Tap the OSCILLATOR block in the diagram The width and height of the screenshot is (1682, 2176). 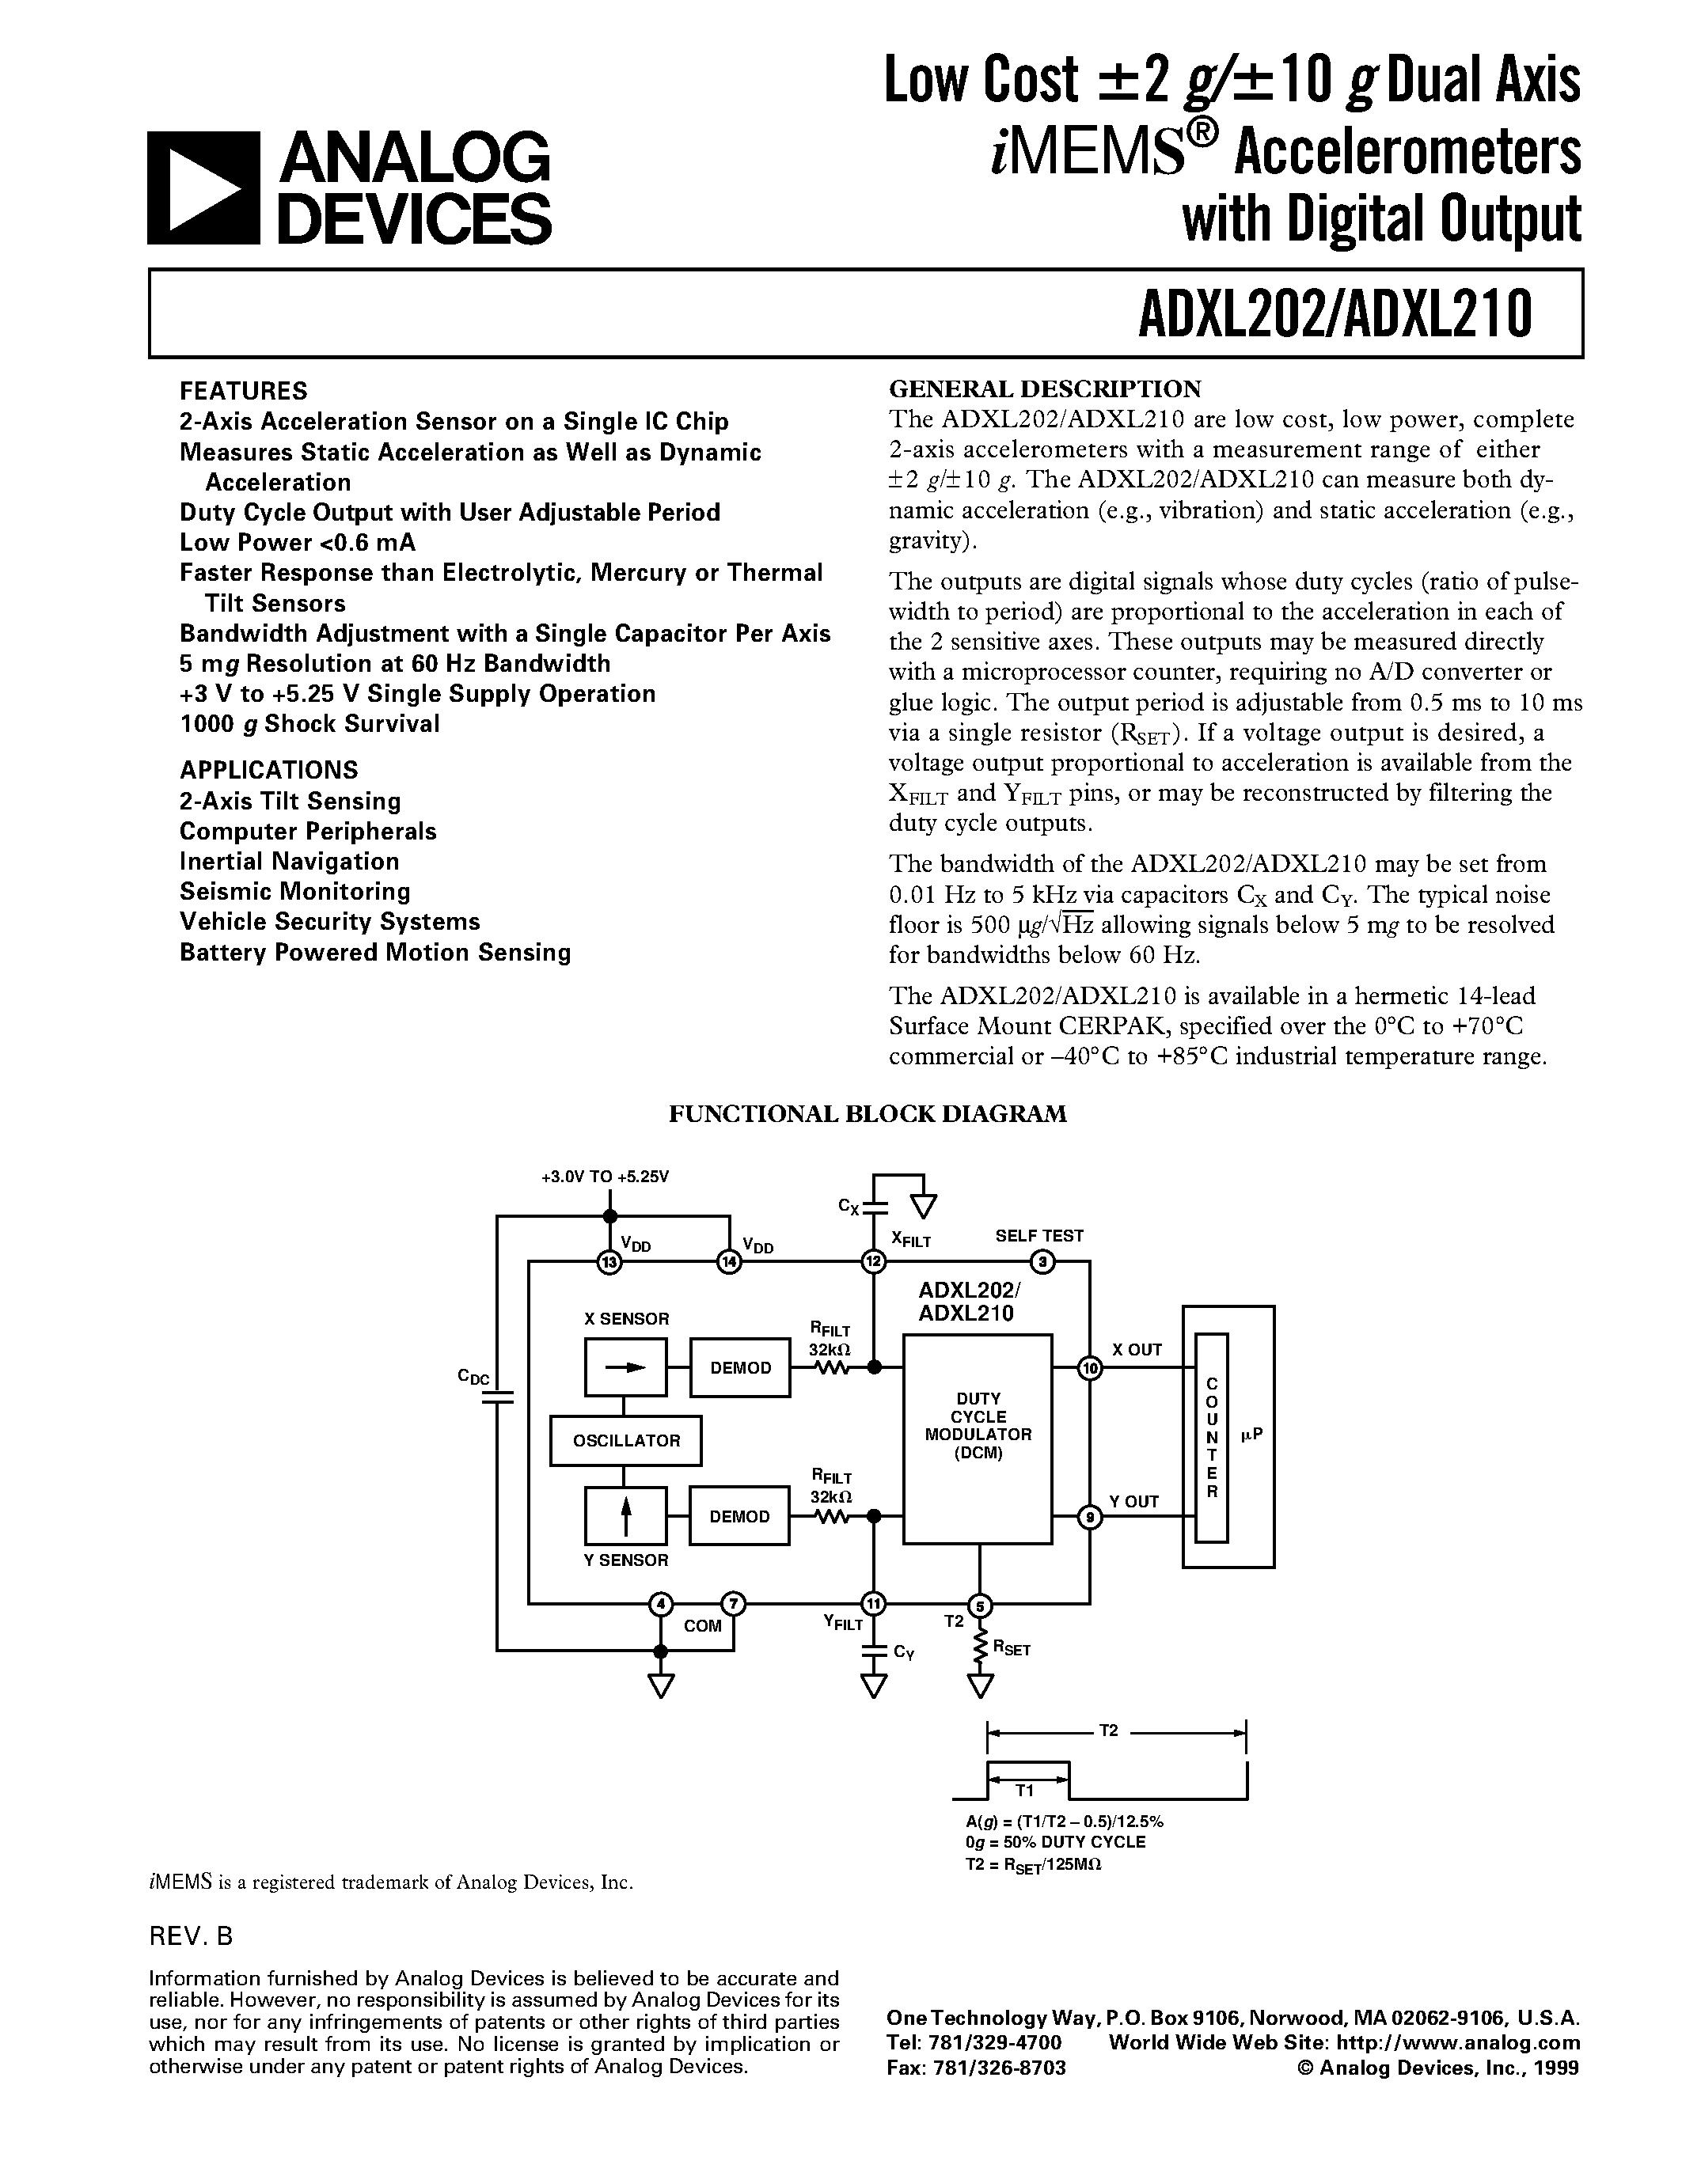(626, 1441)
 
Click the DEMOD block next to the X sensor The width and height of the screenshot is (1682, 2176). (740, 1368)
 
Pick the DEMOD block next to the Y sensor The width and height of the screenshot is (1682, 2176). (739, 1516)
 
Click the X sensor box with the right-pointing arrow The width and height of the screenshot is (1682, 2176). (626, 1368)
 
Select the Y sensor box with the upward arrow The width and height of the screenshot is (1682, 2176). (626, 1516)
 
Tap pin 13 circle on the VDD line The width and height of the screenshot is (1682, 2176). (609, 1264)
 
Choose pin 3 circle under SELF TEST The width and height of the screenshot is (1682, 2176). (1042, 1264)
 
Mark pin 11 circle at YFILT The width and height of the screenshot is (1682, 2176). (874, 1604)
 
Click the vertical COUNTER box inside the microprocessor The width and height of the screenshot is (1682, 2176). (1212, 1438)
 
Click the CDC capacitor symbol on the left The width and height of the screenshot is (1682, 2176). (496, 1396)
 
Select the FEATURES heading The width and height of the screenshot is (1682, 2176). (243, 391)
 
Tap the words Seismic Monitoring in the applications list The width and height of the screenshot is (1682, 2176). (295, 891)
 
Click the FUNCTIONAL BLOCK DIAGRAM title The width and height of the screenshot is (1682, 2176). (867, 1114)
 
